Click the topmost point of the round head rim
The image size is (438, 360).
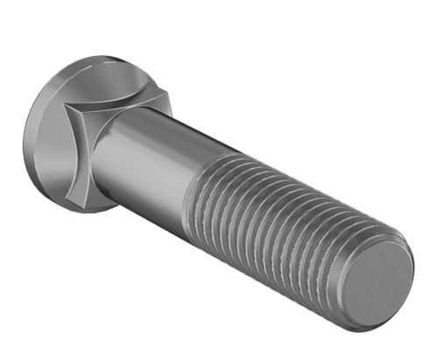coord(83,58)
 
